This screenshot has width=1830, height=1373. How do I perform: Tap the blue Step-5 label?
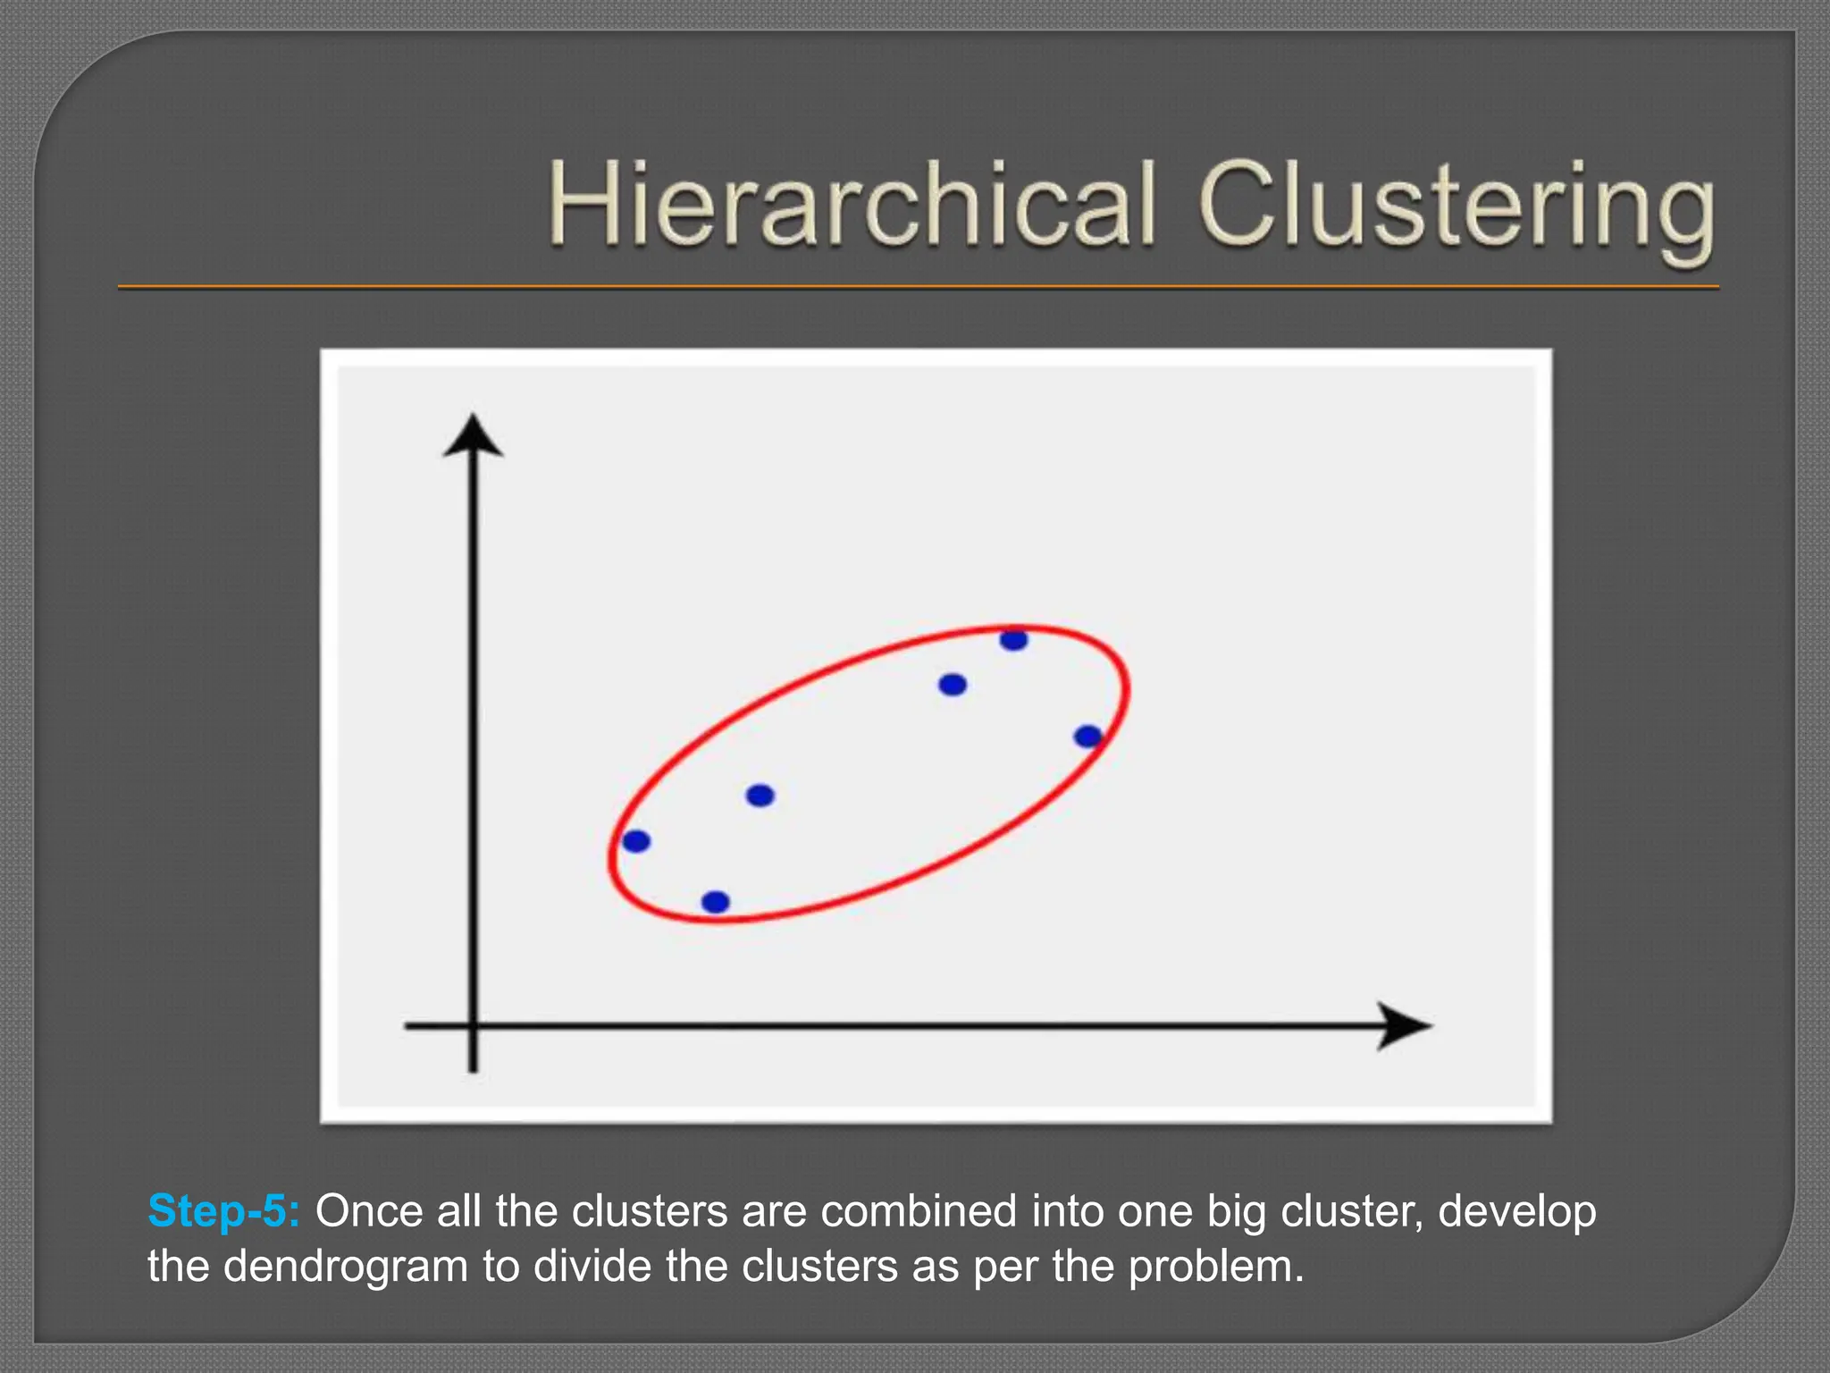pyautogui.click(x=223, y=1211)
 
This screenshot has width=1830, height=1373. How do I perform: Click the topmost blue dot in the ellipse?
pyautogui.click(x=1014, y=640)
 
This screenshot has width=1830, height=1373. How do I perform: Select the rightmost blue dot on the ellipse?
pyautogui.click(x=1087, y=737)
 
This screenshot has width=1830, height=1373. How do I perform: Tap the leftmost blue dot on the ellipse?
pyautogui.click(x=636, y=841)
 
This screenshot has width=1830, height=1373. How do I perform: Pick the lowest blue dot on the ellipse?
pyautogui.click(x=716, y=902)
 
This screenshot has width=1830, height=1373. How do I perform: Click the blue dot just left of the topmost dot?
pyautogui.click(x=953, y=685)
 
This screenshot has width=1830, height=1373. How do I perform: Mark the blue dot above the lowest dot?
pyautogui.click(x=760, y=795)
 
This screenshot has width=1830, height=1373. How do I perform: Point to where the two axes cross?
pyautogui.click(x=473, y=1026)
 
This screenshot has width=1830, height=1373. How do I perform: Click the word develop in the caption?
pyautogui.click(x=1517, y=1213)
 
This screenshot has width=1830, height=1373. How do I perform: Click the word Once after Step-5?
pyautogui.click(x=368, y=1211)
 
